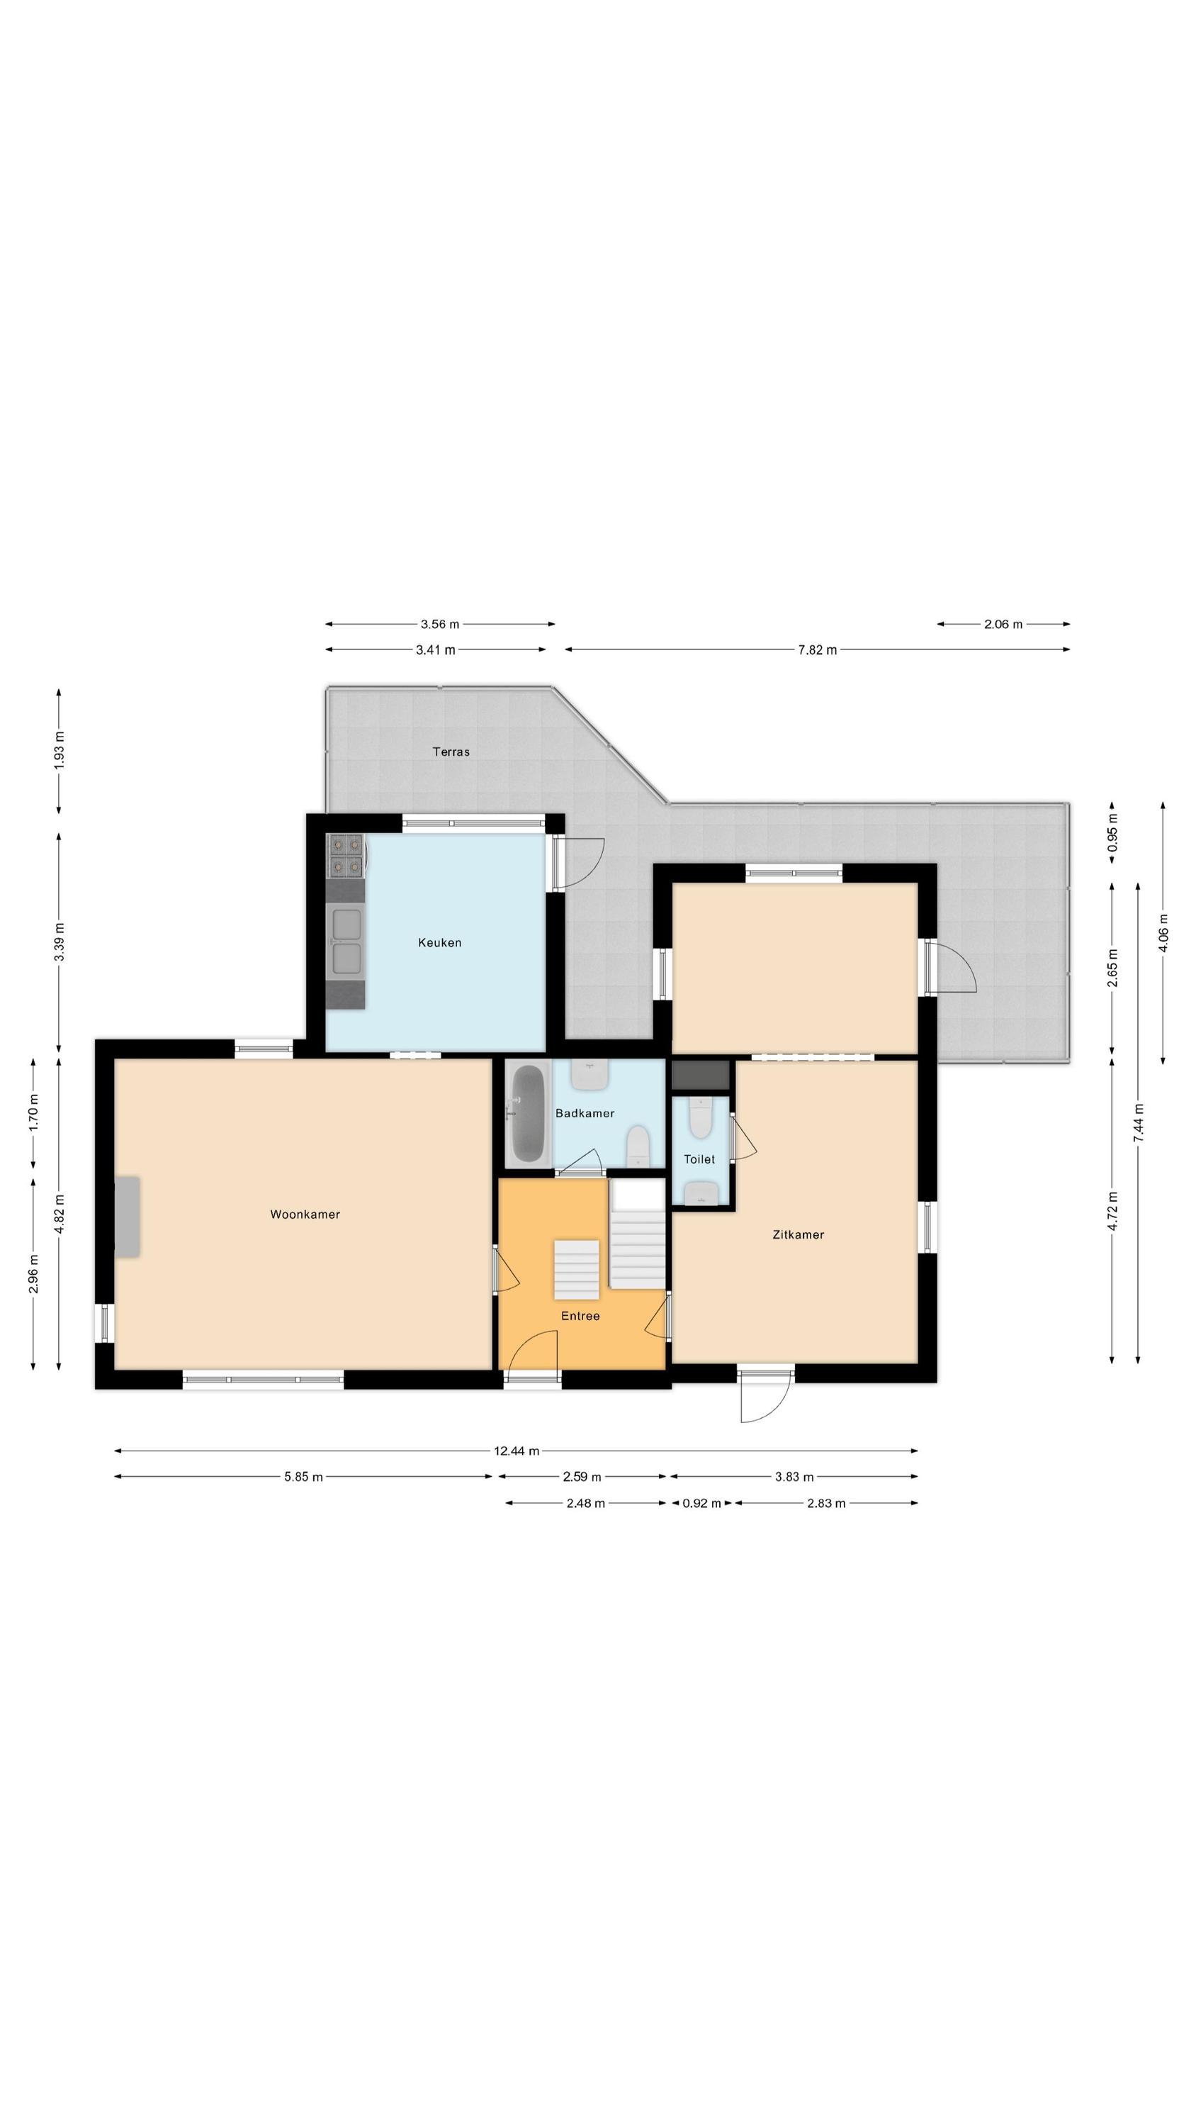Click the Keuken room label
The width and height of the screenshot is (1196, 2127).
(x=439, y=942)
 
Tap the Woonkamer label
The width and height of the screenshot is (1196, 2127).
(x=305, y=1214)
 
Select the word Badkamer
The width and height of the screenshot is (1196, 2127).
(x=585, y=1113)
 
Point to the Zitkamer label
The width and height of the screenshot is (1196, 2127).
(x=798, y=1234)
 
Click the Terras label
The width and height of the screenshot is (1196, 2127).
(x=451, y=752)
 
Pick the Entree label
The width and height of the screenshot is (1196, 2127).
(x=580, y=1315)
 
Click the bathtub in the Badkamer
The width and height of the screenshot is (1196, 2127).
(x=529, y=1113)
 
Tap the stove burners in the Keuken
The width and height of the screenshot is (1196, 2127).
(x=346, y=854)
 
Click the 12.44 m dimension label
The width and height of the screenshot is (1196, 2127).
(x=517, y=1450)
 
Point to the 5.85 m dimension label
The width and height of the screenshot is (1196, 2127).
(x=303, y=1476)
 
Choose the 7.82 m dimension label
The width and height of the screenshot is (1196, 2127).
(x=817, y=650)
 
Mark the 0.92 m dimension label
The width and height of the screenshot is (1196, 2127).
(x=701, y=1503)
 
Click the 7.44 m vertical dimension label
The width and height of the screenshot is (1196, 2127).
(x=1138, y=1123)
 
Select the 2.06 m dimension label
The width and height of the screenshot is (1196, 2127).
(x=1003, y=624)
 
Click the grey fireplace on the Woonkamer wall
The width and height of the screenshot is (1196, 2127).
(x=127, y=1217)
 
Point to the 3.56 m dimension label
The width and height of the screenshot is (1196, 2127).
(x=440, y=624)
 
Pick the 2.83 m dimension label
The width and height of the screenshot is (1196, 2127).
(x=826, y=1503)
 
